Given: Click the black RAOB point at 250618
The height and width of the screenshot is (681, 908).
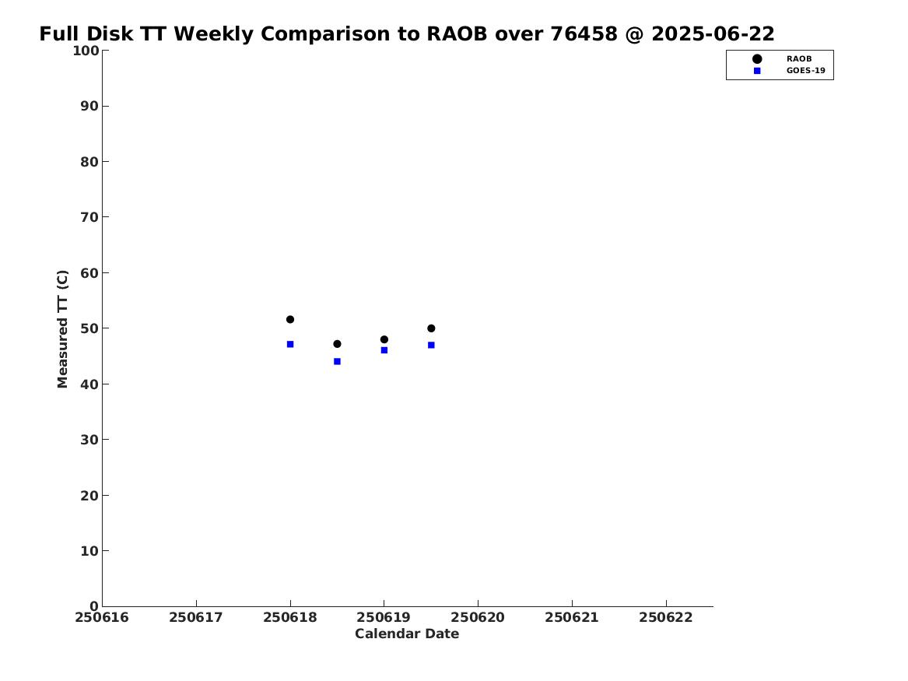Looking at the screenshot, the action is [x=290, y=320].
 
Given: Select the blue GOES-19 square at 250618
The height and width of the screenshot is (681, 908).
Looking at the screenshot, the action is [x=290, y=345].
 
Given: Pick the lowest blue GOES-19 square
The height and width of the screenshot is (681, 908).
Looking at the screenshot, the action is [x=337, y=362].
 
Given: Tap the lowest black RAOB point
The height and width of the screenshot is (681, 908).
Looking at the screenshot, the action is [x=337, y=344].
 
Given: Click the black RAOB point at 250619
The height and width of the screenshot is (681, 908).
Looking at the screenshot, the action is [x=384, y=340].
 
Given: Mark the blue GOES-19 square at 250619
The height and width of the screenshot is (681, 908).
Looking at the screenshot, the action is [x=384, y=350].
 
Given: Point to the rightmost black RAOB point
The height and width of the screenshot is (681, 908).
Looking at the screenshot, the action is [x=431, y=328].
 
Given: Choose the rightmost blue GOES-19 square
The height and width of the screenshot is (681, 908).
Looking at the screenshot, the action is [x=431, y=345].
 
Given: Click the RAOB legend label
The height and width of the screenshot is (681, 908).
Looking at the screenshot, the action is [x=798, y=59].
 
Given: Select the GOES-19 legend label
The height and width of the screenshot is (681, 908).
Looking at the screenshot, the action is [x=805, y=71].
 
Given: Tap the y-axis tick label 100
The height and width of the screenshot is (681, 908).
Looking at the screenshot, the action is [x=86, y=51].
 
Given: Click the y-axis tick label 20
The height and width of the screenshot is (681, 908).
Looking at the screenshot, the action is [x=89, y=496].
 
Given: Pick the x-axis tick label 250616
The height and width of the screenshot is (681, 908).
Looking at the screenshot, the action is [x=102, y=618].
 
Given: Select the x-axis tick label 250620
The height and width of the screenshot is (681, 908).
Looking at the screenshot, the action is [x=478, y=618].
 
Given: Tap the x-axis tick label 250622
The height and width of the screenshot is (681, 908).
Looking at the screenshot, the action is [x=666, y=618].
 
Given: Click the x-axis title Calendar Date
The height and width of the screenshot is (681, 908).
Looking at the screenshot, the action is [x=407, y=634].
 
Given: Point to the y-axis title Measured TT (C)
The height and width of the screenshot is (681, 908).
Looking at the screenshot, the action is [x=62, y=329].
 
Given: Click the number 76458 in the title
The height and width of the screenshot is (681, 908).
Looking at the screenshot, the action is [x=584, y=34].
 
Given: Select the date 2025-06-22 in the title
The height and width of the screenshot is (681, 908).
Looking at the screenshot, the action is [x=713, y=34].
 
